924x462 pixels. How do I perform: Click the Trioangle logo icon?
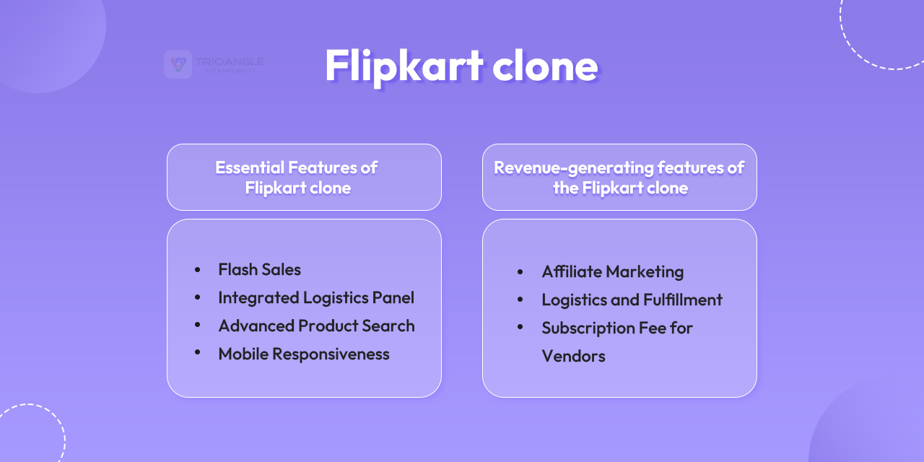point(178,64)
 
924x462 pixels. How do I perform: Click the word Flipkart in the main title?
point(403,66)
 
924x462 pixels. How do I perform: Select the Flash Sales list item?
point(259,270)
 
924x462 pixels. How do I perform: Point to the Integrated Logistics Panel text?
point(316,297)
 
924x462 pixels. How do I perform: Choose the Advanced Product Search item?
point(316,326)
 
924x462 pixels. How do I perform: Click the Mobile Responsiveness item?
point(303,354)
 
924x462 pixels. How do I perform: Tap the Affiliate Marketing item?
point(612,272)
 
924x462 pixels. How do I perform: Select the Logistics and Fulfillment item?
point(632,300)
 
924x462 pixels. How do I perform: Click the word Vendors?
point(573,356)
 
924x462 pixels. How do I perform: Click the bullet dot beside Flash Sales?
point(198,269)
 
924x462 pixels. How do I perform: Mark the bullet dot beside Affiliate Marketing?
point(520,271)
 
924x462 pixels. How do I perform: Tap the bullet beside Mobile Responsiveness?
point(198,353)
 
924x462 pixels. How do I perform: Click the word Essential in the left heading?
point(249,167)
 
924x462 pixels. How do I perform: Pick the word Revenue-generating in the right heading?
point(563,167)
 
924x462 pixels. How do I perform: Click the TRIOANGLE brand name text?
point(229,62)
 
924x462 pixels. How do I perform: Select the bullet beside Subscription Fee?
point(520,327)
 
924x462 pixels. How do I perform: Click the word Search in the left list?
point(388,326)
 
